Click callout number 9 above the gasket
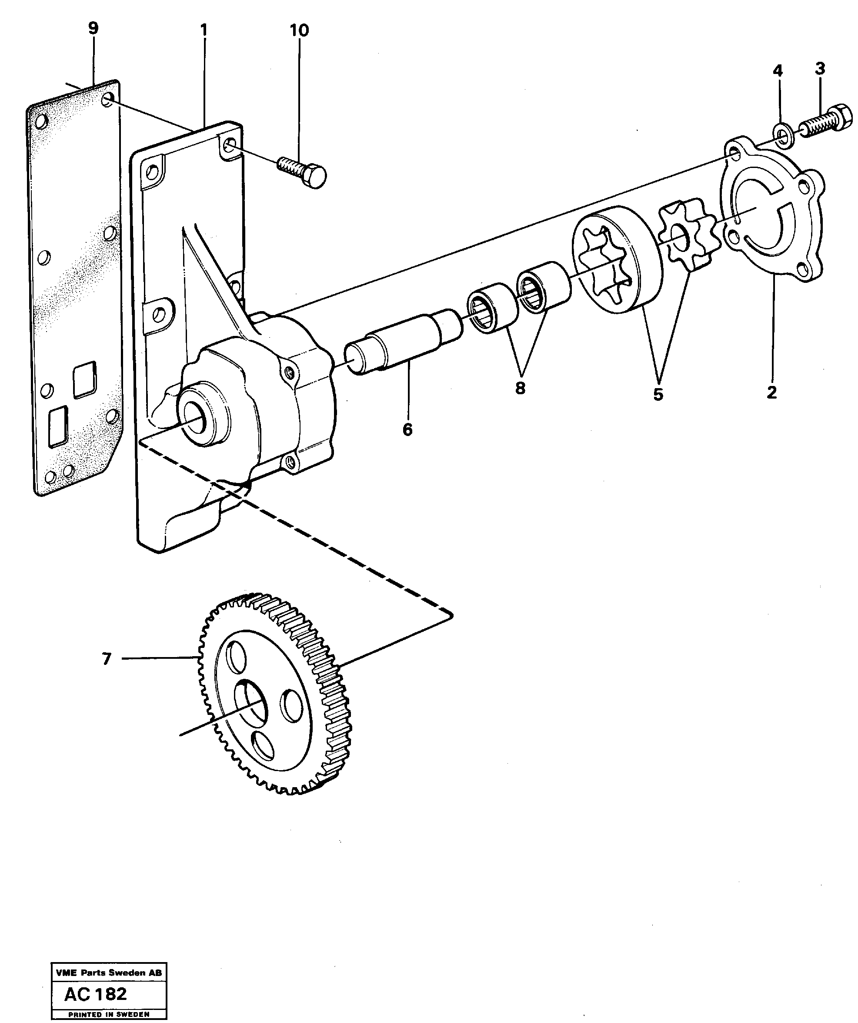[93, 28]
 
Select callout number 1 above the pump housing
[204, 30]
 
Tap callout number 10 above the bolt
[299, 30]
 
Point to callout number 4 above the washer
[778, 71]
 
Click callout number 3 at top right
[820, 69]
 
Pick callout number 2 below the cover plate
[771, 392]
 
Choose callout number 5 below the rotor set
[658, 394]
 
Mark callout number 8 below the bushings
[520, 388]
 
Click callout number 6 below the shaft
[407, 429]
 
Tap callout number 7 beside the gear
[107, 659]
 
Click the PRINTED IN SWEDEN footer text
[109, 1011]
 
